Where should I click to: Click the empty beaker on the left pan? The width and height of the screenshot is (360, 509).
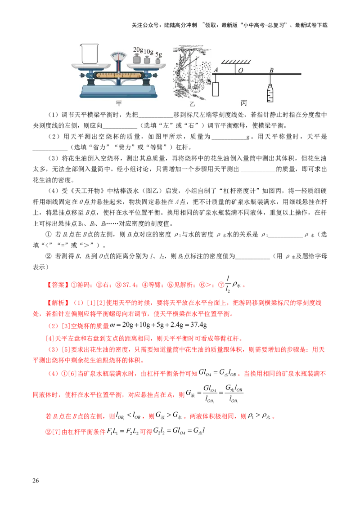pos(90,53)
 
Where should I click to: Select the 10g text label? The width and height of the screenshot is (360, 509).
pos(148,53)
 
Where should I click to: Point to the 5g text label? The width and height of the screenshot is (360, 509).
pos(158,55)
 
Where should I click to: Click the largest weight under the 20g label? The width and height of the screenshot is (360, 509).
pos(137,59)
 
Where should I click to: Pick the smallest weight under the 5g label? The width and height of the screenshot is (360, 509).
pos(158,61)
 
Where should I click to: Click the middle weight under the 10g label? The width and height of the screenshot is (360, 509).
pos(147,60)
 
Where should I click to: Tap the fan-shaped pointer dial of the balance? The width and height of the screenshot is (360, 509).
pos(119,57)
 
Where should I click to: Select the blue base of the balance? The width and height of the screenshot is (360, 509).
pos(119,92)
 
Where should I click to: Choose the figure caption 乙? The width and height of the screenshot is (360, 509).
pos(192,104)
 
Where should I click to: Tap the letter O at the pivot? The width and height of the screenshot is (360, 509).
pos(240,70)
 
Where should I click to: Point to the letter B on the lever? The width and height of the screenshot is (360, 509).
pos(271,70)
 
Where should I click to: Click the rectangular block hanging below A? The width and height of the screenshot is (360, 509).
pos(216,89)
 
